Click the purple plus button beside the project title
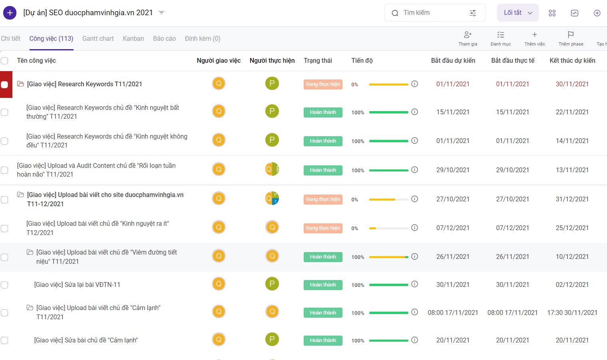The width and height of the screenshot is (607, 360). pyautogui.click(x=10, y=13)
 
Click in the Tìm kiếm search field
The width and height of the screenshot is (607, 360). pyautogui.click(x=431, y=13)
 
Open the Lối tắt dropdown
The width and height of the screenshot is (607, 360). pyautogui.click(x=517, y=13)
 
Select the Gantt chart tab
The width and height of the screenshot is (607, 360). pyautogui.click(x=98, y=38)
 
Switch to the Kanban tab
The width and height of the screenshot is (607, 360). pyautogui.click(x=133, y=38)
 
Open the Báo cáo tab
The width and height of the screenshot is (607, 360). pyautogui.click(x=164, y=38)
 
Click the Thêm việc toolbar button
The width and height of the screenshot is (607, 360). pyautogui.click(x=534, y=38)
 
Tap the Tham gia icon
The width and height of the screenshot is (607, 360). pyautogui.click(x=468, y=35)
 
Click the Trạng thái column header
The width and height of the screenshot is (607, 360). pyautogui.click(x=318, y=60)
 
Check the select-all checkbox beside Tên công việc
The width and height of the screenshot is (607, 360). pyautogui.click(x=4, y=60)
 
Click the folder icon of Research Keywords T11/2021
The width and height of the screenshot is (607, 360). pyautogui.click(x=20, y=84)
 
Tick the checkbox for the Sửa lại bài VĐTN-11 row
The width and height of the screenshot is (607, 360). pyautogui.click(x=4, y=285)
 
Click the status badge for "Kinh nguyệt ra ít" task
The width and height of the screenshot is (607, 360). pyautogui.click(x=323, y=228)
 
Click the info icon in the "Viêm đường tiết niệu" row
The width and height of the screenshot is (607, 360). pyautogui.click(x=414, y=256)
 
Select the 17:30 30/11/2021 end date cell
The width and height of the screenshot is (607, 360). pyautogui.click(x=572, y=312)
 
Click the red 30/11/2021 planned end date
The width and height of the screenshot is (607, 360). pyautogui.click(x=572, y=84)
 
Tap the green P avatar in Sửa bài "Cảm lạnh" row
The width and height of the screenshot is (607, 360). pyautogui.click(x=272, y=339)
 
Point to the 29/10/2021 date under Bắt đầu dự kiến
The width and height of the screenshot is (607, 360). pyautogui.click(x=452, y=170)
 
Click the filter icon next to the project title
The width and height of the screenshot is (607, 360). pyautogui.click(x=161, y=13)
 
